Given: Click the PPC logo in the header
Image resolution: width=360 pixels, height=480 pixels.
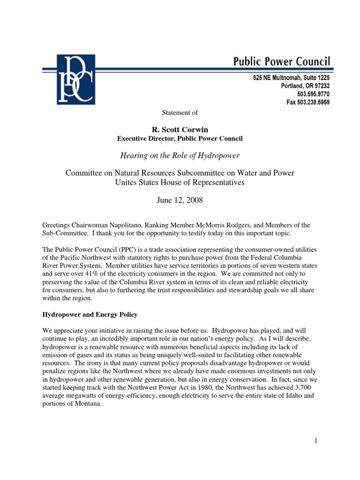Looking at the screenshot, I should click(75, 79).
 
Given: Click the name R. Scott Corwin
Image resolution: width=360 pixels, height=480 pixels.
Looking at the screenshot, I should click(180, 128).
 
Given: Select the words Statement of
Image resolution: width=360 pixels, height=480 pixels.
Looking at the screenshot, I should click(180, 112).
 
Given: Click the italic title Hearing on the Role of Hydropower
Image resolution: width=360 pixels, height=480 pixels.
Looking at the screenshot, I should click(180, 155).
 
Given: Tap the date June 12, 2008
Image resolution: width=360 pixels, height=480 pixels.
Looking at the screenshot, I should click(180, 201).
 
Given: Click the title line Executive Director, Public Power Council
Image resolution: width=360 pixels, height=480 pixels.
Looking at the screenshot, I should click(180, 138).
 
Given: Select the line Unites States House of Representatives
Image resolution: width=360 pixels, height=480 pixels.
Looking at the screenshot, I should click(180, 183).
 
